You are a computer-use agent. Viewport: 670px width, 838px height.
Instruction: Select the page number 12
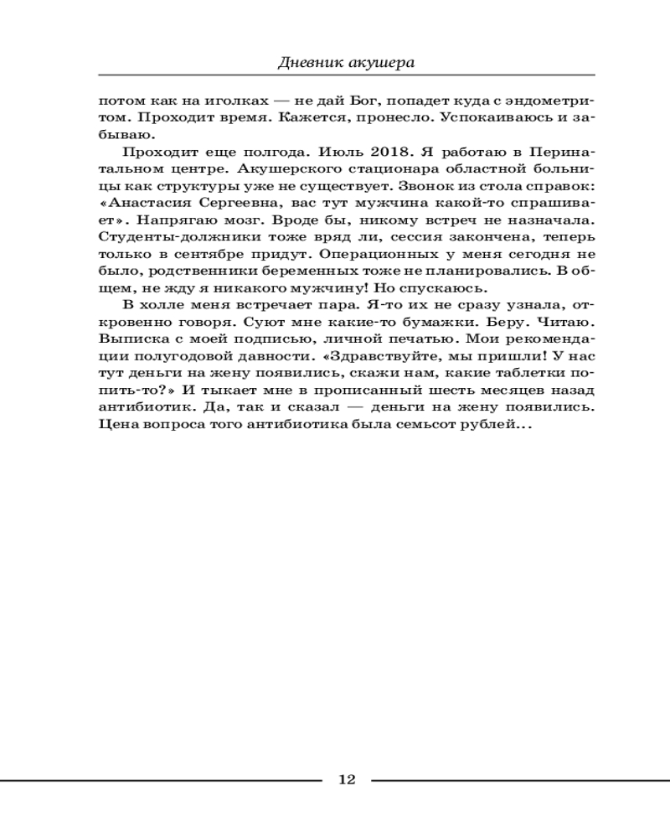pyautogui.click(x=347, y=780)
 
